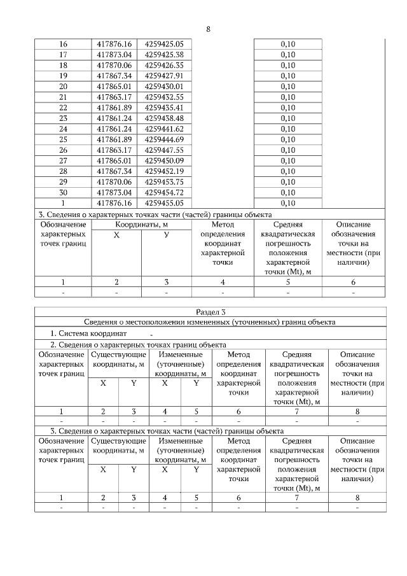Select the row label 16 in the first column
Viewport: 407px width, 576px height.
(x=63, y=44)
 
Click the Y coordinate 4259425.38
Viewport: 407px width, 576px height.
(x=164, y=55)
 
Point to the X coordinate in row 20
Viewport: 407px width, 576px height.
(x=114, y=86)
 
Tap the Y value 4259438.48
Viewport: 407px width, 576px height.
(x=164, y=118)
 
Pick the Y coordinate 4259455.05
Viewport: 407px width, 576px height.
(x=164, y=203)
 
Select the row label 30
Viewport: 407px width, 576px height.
(x=63, y=192)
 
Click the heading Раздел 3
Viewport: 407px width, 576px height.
(x=210, y=312)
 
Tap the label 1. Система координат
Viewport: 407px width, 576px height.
(x=88, y=333)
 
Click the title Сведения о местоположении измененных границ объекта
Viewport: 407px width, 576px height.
(x=210, y=322)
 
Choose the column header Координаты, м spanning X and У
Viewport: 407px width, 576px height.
(x=141, y=225)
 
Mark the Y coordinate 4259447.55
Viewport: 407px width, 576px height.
(x=164, y=150)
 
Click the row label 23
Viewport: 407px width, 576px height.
(x=63, y=118)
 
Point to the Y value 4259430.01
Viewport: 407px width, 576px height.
(x=164, y=86)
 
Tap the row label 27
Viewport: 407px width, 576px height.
(x=63, y=160)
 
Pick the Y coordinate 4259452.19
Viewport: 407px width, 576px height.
(x=164, y=171)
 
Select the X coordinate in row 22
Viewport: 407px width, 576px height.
(x=114, y=108)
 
